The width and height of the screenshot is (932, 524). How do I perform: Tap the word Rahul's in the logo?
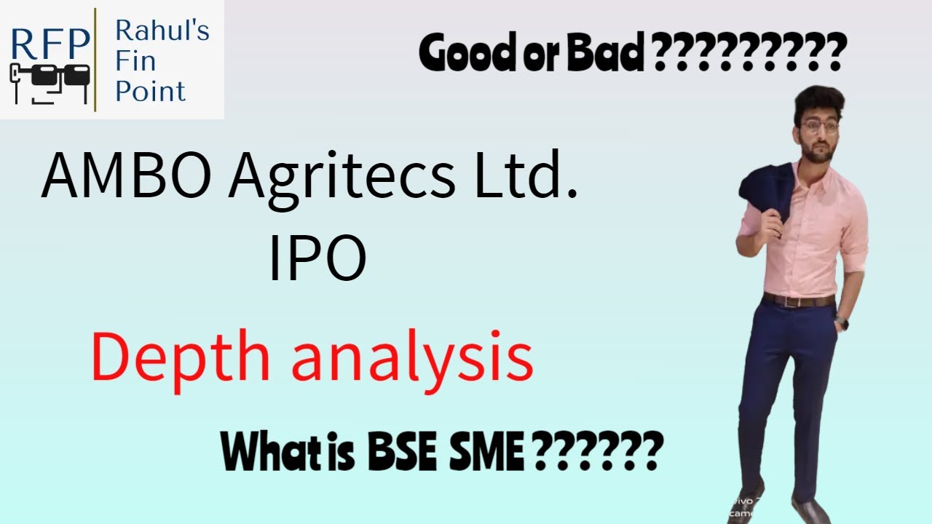162,31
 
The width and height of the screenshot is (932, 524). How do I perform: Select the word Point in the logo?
150,92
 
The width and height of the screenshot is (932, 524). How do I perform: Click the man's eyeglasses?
816,126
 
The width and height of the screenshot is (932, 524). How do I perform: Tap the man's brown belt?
799,301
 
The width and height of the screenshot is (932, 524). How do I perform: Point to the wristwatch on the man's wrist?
842,321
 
